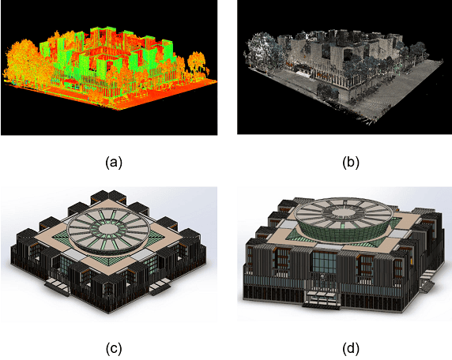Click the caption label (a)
(x=114, y=163)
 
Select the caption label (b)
(x=351, y=163)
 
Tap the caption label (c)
(x=114, y=349)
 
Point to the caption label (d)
(x=351, y=349)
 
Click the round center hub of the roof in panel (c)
(x=108, y=229)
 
